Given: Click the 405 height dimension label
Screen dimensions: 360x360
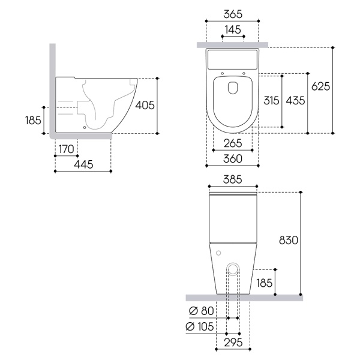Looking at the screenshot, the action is point(145,106).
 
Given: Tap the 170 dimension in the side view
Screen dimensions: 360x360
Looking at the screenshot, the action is point(67,149).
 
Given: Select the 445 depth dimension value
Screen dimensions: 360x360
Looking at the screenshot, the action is point(83,164).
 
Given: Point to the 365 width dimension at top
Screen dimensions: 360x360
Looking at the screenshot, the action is point(233,14).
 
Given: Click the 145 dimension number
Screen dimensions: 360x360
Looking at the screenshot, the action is point(233,29).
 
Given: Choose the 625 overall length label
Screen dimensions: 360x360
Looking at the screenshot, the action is point(321,86).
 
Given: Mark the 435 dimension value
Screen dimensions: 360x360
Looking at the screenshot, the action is point(295,101).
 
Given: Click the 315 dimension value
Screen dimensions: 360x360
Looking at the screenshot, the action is point(271,101).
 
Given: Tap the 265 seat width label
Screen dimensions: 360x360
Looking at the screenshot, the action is point(233,143).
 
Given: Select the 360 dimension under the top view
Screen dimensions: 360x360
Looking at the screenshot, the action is point(233,159).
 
